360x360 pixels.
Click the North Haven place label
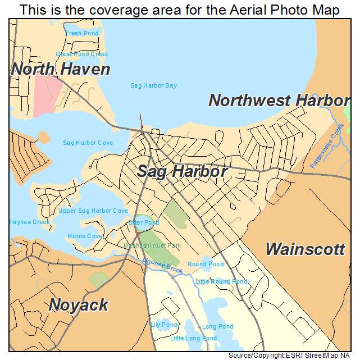tap(61, 70)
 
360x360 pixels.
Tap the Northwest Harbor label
tap(279, 101)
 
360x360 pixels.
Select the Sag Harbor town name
tap(182, 171)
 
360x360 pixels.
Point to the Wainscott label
tap(305, 249)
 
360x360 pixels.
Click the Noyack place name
tap(78, 305)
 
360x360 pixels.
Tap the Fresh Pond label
tap(82, 33)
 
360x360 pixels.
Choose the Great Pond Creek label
tap(82, 54)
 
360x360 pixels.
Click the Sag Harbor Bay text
tap(153, 85)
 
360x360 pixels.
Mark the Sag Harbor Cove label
tap(88, 143)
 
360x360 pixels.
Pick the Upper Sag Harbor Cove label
tap(93, 211)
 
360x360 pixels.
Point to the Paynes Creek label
tap(29, 222)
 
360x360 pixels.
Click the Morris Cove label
tap(85, 236)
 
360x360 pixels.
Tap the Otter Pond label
tap(144, 223)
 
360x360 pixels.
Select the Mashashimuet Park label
tap(153, 246)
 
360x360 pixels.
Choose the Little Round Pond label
tap(221, 281)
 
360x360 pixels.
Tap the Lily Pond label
tap(164, 325)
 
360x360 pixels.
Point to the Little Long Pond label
tap(193, 339)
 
